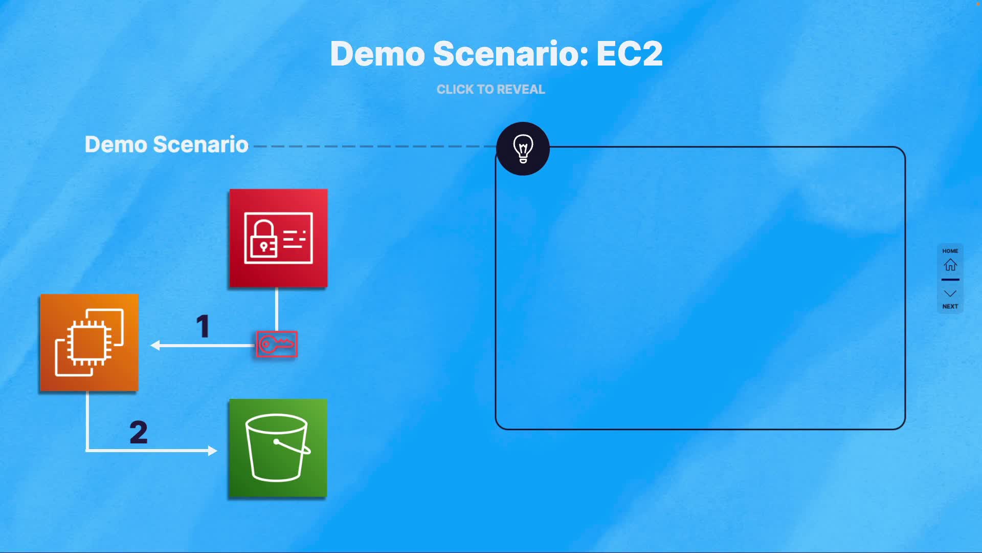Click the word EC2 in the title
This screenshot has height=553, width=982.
tap(629, 54)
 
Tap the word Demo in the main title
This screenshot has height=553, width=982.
tap(377, 54)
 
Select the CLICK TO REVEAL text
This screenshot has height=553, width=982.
tap(490, 90)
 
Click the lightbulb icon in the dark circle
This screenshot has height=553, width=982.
tap(523, 148)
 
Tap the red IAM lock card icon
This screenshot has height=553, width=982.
tap(278, 238)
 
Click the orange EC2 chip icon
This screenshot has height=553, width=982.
tap(89, 343)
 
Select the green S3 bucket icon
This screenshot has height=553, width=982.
tap(278, 448)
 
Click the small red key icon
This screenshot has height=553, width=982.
tap(277, 344)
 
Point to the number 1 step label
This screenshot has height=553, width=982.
tap(203, 326)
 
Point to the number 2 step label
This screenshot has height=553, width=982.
tap(139, 432)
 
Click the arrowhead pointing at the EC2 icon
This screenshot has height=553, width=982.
tap(155, 346)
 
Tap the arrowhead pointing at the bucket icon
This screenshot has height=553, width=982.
tap(212, 451)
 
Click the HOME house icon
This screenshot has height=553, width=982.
tap(950, 265)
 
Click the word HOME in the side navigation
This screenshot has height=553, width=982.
tap(950, 251)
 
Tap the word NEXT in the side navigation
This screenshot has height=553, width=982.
tap(950, 306)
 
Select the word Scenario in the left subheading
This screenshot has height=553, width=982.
tap(200, 144)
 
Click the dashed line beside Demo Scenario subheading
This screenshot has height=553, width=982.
tap(373, 146)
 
